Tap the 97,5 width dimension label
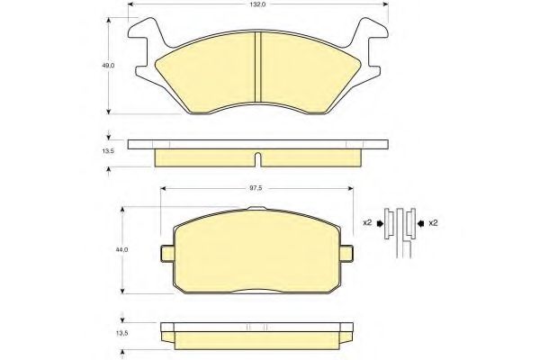coord(256,189)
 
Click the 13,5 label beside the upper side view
coord(108,153)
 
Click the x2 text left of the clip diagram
coord(367,222)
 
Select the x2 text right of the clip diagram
coord(433,222)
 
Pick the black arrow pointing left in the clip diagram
coord(419,222)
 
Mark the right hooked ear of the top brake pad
coord(371,45)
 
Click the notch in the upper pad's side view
coord(258,160)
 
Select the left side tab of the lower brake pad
coord(166,253)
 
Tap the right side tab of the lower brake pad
coord(346,253)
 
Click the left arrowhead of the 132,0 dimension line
coord(131,4)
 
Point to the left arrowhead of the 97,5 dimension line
coord(163,189)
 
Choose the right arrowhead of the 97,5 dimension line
coord(348,189)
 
